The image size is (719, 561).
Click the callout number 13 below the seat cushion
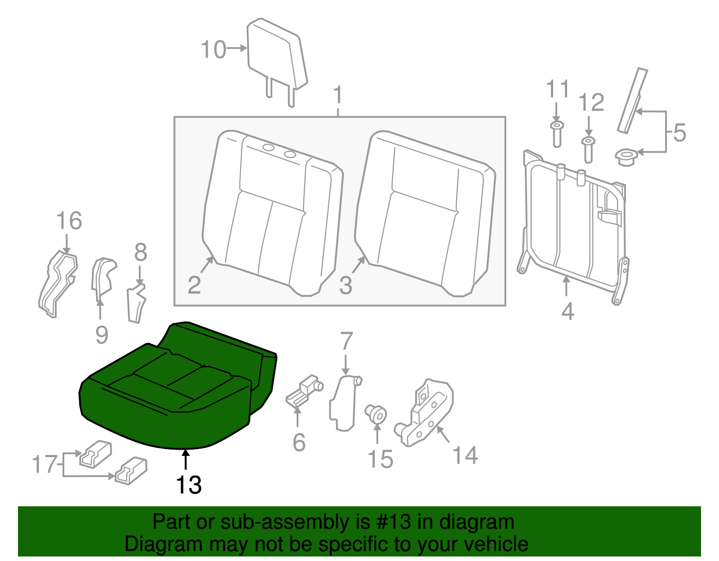(x=188, y=485)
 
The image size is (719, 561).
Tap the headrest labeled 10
(x=276, y=56)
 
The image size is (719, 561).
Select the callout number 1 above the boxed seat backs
(x=338, y=95)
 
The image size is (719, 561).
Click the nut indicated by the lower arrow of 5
(x=626, y=157)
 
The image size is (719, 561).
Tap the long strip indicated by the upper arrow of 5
(x=633, y=101)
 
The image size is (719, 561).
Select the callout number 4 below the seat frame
(x=568, y=311)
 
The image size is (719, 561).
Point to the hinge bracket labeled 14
(x=427, y=411)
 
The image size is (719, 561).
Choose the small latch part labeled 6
(x=303, y=391)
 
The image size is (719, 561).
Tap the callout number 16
(x=69, y=221)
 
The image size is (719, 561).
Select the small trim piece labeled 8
(x=136, y=303)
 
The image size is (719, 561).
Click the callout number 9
(x=102, y=335)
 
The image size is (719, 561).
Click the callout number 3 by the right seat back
(x=345, y=286)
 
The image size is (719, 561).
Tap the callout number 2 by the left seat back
(x=194, y=285)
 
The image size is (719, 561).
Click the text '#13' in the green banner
(x=391, y=522)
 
